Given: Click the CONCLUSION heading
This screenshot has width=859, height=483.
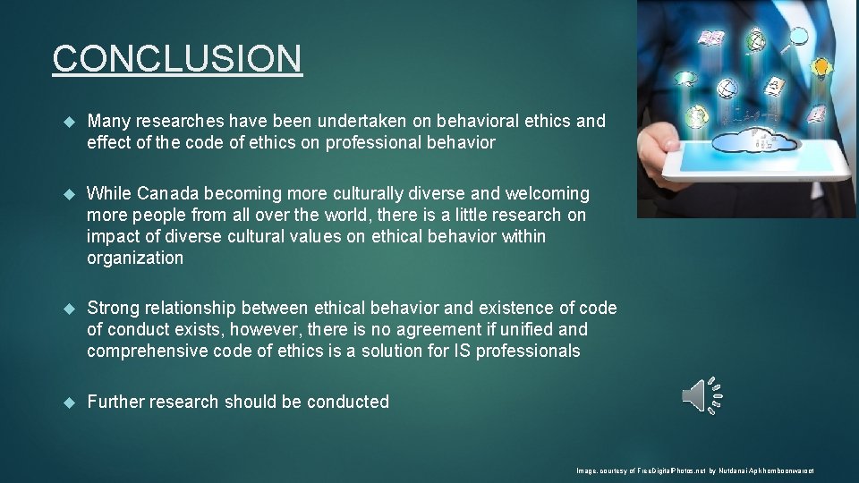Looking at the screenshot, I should (x=177, y=59).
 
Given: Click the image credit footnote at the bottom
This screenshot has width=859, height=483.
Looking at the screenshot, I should (x=694, y=470).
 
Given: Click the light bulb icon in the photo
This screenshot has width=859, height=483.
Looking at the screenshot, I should (x=820, y=67).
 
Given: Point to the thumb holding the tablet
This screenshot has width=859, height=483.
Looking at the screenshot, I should (x=666, y=143).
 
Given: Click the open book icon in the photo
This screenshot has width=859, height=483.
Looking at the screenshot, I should (x=711, y=38).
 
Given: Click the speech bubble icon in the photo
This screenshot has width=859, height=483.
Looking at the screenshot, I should (x=687, y=78).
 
